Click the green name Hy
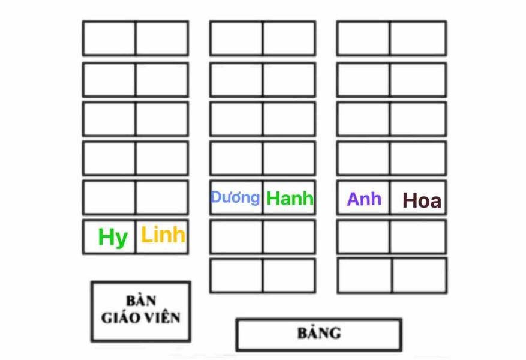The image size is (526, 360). [x=113, y=237]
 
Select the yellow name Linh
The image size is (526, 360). [x=163, y=235]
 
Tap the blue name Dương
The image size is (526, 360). [x=235, y=197]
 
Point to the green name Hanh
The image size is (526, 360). [x=290, y=198]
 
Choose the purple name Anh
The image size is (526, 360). [x=364, y=199]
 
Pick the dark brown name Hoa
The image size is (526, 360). [x=422, y=200]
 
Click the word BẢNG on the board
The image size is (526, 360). [x=318, y=333]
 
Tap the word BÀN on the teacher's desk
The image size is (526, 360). [x=141, y=301]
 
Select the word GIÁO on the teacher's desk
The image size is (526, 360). [x=120, y=317]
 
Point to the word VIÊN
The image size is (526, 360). [x=160, y=317]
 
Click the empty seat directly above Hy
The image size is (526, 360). [x=109, y=197]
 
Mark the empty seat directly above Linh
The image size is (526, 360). [x=162, y=197]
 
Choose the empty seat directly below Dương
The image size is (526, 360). [x=236, y=236]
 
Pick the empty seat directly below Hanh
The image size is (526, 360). [x=289, y=236]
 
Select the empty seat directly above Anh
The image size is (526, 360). [x=363, y=158]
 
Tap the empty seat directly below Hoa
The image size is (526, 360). [x=418, y=236]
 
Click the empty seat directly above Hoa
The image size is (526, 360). [x=418, y=158]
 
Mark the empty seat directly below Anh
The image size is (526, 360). [x=363, y=236]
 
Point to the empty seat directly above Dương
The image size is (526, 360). [x=236, y=158]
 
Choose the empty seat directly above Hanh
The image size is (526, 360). [x=289, y=158]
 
